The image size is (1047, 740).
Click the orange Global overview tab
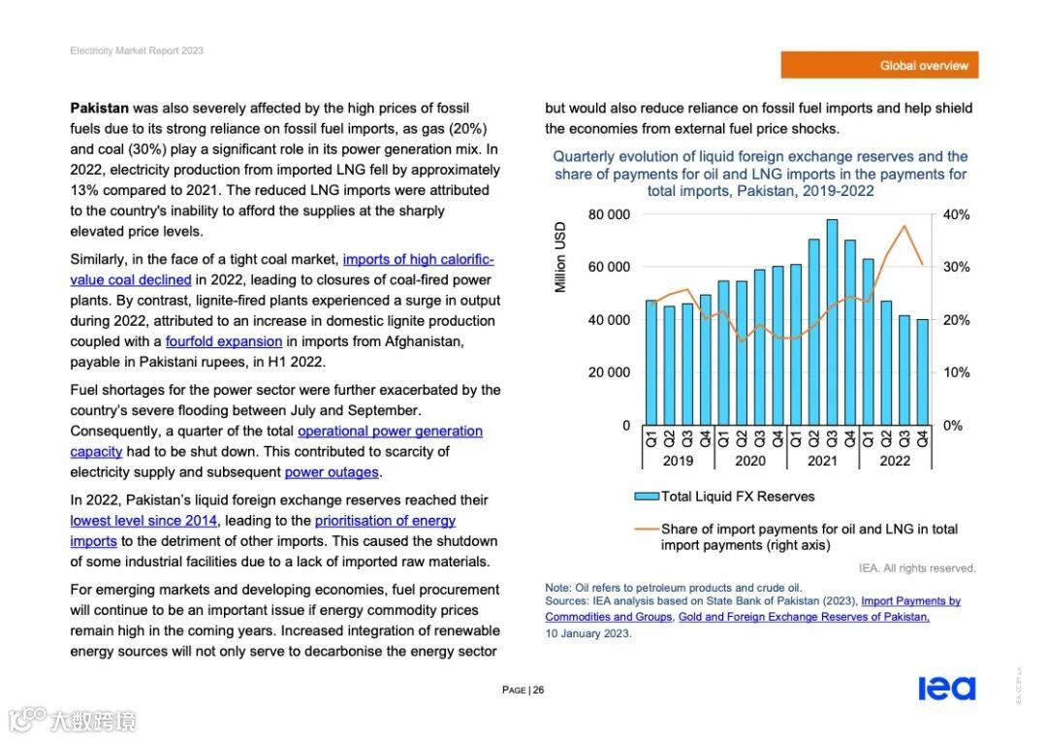tap(879, 65)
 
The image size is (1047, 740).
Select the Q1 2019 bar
tap(651, 363)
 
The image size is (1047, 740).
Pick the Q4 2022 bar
tap(922, 372)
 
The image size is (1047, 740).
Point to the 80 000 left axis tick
tap(610, 214)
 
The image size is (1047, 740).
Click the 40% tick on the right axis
tap(956, 214)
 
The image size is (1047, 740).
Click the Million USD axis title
tap(560, 258)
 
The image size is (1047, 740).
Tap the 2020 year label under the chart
tap(750, 461)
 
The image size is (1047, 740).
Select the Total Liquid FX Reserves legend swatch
tap(646, 497)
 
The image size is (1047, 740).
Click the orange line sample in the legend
tap(646, 530)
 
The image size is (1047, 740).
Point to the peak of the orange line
tap(904, 226)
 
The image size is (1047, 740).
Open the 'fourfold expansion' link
tap(224, 341)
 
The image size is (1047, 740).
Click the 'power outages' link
tap(332, 472)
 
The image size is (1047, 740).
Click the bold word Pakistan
tap(99, 108)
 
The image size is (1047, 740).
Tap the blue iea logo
tap(946, 688)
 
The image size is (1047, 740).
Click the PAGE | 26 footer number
tap(523, 690)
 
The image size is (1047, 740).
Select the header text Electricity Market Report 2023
tap(137, 50)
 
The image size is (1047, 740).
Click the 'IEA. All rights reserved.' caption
tap(917, 568)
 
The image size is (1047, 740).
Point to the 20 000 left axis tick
tap(610, 372)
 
